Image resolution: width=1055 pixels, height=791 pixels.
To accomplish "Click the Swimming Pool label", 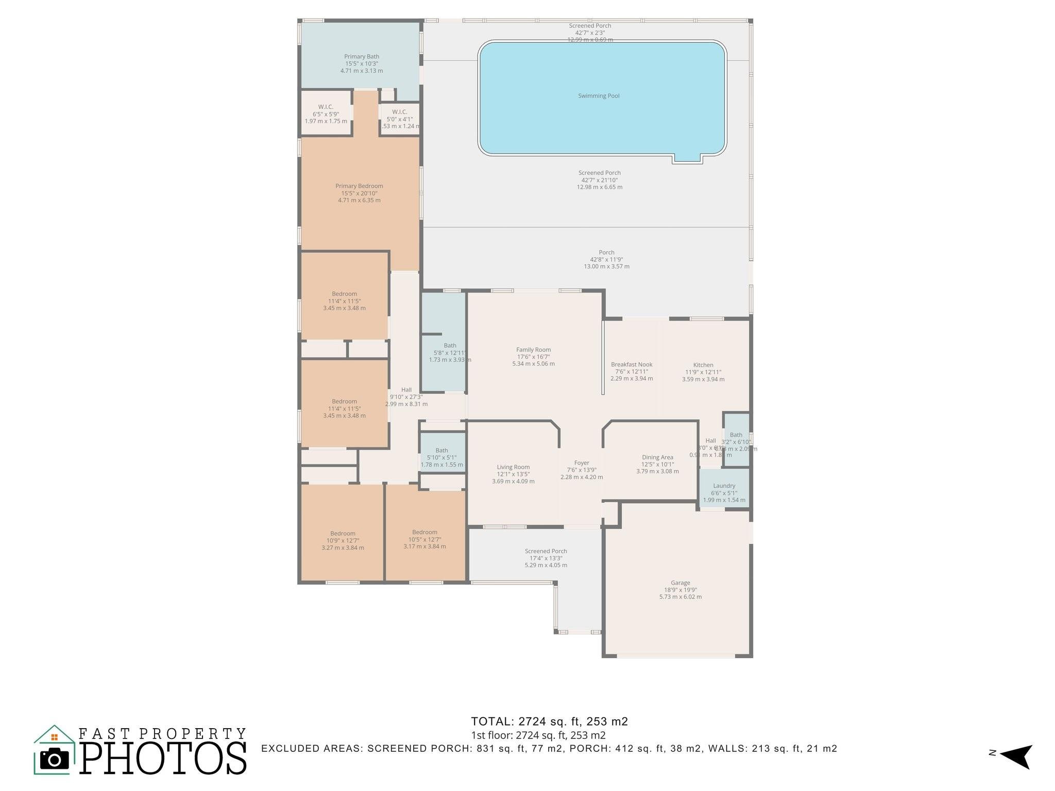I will (x=599, y=96).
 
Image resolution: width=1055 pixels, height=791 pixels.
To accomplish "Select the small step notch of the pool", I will (x=687, y=159).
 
